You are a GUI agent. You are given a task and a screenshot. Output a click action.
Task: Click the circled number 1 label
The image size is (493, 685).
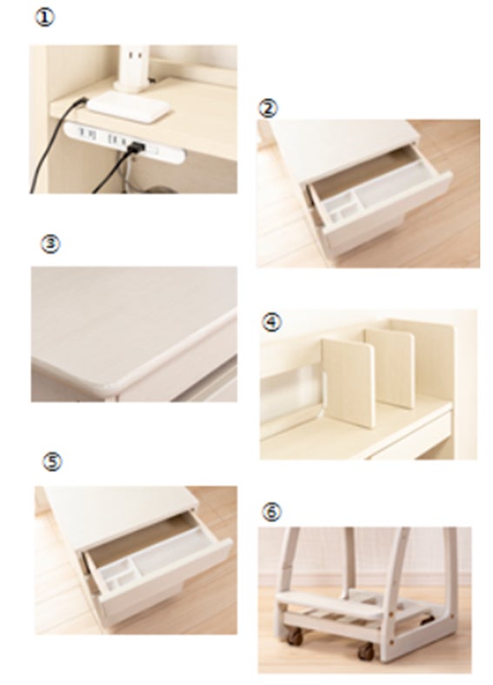tap(44, 18)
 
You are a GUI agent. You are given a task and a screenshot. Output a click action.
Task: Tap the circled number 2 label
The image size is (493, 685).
tap(268, 108)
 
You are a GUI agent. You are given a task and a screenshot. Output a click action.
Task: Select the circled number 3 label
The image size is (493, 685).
tap(50, 243)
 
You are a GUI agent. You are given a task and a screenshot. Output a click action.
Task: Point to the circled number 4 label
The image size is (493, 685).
tap(272, 323)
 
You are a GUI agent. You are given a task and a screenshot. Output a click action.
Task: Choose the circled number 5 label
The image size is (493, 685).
tap(52, 462)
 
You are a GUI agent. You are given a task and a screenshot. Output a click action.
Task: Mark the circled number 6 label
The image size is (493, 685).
tap(271, 511)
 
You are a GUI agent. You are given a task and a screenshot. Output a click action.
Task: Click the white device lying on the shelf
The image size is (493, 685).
tap(129, 107)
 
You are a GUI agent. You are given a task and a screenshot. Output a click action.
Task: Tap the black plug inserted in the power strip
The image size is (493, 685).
tap(136, 147)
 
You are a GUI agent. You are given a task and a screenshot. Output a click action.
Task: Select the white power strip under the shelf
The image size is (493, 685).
tap(125, 143)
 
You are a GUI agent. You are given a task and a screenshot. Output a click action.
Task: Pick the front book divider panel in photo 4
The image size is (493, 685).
tap(349, 382)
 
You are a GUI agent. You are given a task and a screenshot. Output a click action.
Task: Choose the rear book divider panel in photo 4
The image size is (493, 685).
tap(390, 368)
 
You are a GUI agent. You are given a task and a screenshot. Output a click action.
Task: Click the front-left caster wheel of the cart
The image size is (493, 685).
tap(296, 637)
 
